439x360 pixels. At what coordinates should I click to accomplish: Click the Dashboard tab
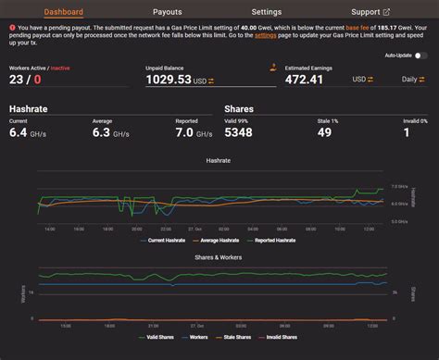[x=63, y=12]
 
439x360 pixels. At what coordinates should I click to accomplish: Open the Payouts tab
[x=167, y=12]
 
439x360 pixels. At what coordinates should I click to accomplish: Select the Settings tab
[x=266, y=12]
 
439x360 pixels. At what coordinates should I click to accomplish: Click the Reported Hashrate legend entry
[x=276, y=240]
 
